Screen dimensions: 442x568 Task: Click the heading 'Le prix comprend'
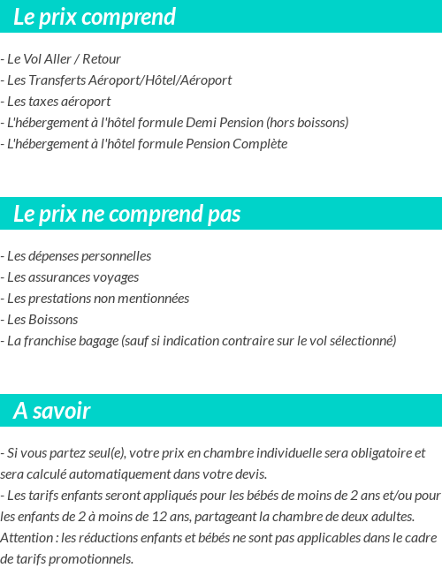95,17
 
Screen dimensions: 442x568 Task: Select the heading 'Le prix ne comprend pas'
127,215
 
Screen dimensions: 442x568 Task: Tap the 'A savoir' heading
52,412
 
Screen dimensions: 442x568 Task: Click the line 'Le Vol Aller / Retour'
64,59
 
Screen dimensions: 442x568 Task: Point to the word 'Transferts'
59,80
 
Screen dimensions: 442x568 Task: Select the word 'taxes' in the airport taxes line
45,102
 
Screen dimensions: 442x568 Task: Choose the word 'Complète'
261,144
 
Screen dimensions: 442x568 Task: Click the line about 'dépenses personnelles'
79,256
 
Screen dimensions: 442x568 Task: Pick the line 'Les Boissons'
42,320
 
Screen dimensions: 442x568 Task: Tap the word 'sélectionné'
363,341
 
